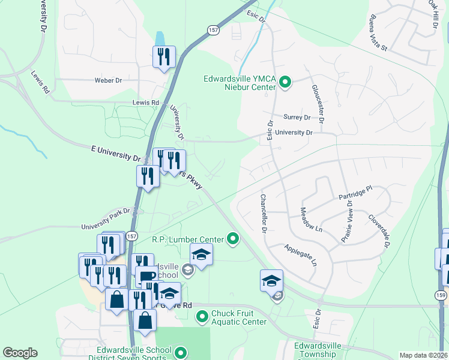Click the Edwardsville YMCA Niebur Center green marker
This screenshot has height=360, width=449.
(286, 83)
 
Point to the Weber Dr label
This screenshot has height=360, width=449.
(108, 80)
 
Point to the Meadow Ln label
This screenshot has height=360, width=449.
(310, 220)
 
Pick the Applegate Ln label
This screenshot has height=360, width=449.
(300, 254)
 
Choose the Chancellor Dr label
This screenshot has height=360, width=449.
(262, 213)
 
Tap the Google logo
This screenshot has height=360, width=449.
(20, 353)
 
